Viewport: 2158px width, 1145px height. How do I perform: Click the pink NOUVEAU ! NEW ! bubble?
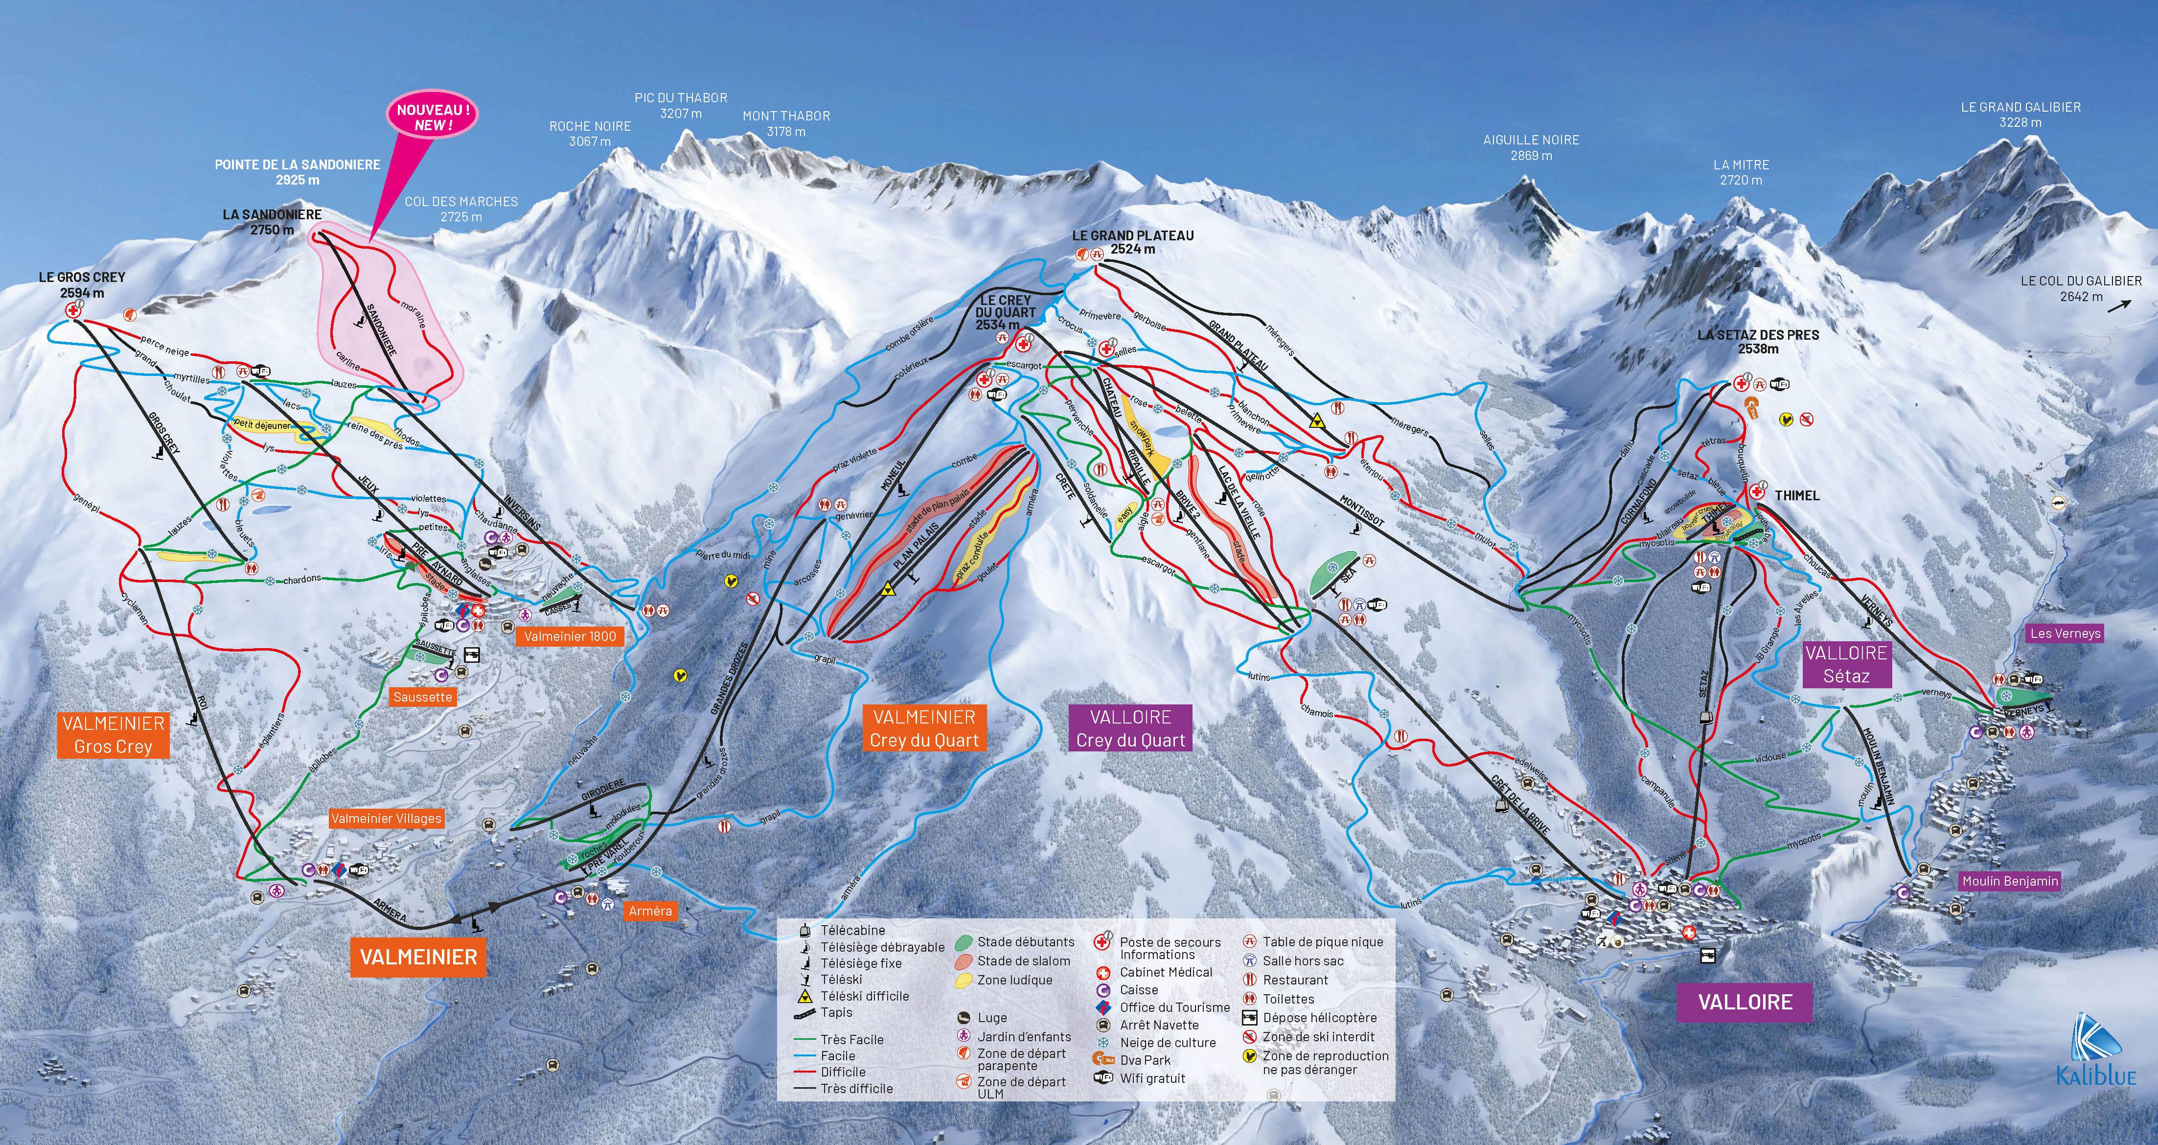coord(432,117)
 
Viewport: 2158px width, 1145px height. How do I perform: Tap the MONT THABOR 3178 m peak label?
coord(786,123)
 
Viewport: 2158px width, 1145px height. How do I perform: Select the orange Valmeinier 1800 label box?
coord(570,636)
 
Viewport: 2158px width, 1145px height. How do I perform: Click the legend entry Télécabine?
coord(852,931)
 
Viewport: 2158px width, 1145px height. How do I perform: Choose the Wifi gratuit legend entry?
coord(1152,1079)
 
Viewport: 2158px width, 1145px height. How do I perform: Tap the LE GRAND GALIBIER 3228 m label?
coord(2020,114)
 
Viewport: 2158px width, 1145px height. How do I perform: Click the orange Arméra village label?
coord(650,911)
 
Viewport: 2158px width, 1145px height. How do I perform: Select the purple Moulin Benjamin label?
coord(2010,881)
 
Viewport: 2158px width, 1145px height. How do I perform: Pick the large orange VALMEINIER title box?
coord(418,957)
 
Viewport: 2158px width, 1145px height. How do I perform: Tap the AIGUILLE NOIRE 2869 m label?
coord(1531,147)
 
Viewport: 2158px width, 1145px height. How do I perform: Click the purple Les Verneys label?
coord(2065,633)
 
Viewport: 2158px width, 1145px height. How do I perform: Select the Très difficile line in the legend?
coord(856,1089)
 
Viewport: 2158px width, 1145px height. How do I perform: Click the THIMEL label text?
coord(1797,495)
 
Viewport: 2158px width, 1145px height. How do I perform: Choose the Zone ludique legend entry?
coord(1014,980)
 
